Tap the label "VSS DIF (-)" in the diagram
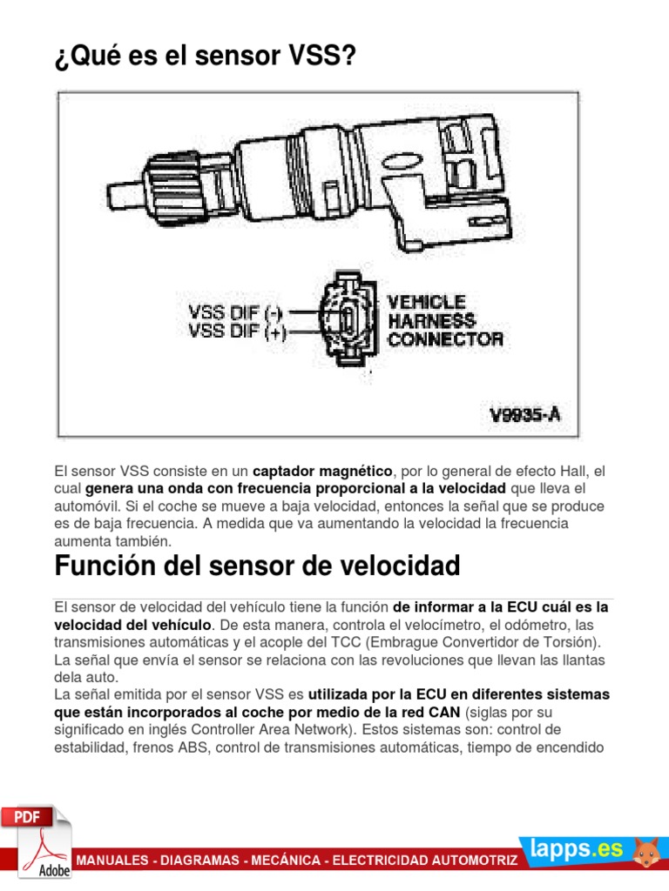tap(236, 310)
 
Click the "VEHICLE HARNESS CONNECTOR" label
tap(445, 320)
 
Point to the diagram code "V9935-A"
tap(523, 414)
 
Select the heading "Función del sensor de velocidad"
tap(257, 566)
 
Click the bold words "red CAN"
tap(428, 711)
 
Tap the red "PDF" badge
tap(26, 818)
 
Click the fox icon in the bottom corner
tap(645, 852)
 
